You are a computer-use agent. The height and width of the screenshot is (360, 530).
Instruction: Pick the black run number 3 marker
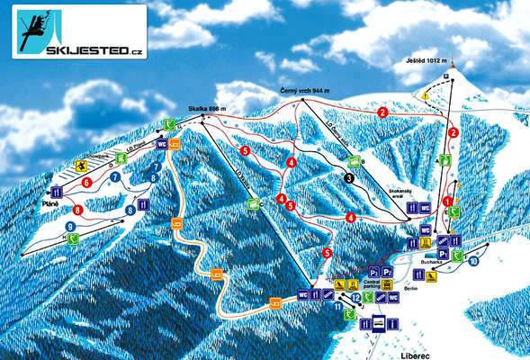click(x=348, y=178)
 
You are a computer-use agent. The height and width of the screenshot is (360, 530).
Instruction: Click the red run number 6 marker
click(x=86, y=183)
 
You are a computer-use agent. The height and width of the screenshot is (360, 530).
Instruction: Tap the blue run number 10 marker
click(x=474, y=261)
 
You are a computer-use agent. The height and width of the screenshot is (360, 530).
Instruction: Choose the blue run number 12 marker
click(x=356, y=297)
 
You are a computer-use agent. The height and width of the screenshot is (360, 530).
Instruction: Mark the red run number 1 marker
click(x=447, y=201)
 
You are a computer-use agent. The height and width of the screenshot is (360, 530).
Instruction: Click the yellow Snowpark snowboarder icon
click(x=82, y=166)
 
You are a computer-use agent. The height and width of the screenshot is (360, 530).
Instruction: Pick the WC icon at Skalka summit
click(x=162, y=144)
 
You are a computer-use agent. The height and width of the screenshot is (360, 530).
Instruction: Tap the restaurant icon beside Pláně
click(x=57, y=192)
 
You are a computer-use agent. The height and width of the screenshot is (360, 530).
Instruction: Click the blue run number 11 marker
click(x=338, y=308)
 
